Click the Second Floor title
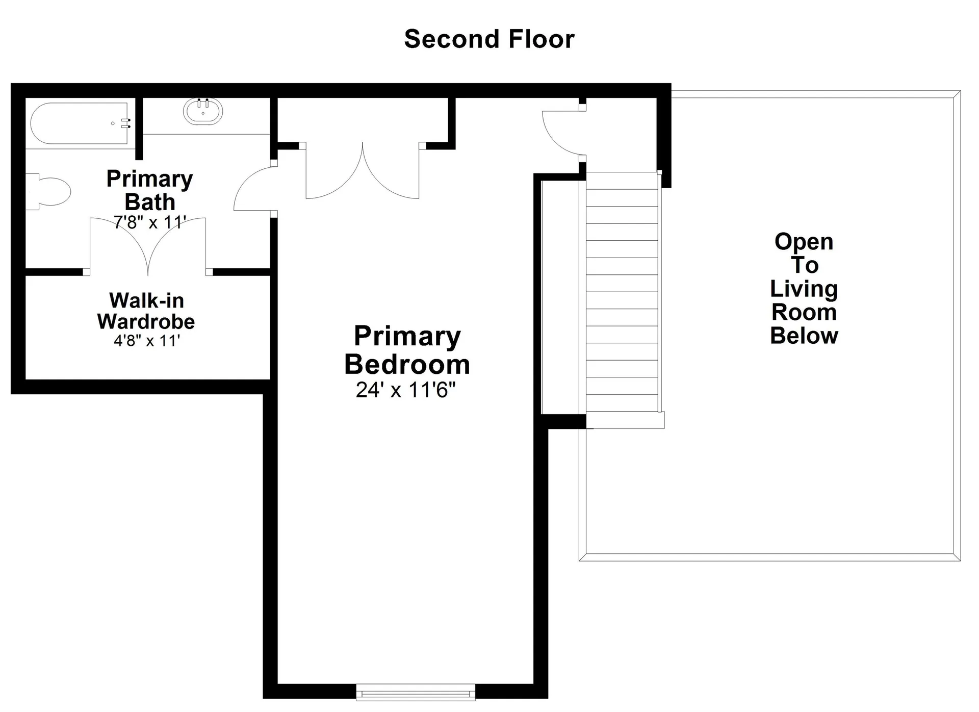[489, 39]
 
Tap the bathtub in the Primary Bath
[79, 123]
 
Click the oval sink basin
[203, 112]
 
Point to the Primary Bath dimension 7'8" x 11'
[149, 222]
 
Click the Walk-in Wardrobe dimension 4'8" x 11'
[147, 341]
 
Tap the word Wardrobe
[146, 322]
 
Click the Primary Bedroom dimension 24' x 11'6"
[405, 390]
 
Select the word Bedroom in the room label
[407, 365]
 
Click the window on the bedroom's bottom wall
[415, 692]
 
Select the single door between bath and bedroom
[253, 189]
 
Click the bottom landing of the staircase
[625, 420]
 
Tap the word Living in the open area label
[804, 289]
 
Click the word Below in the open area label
[804, 336]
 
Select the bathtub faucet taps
[126, 123]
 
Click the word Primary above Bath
[149, 179]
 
